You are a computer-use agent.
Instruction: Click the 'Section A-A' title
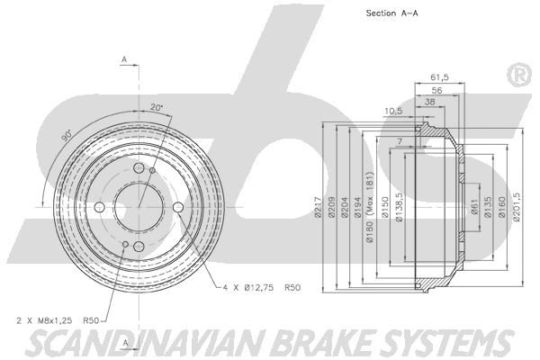coord(391,13)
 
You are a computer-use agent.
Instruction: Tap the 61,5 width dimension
coord(439,77)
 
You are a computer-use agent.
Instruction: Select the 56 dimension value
coord(436,90)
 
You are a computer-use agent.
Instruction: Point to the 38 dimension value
coord(429,102)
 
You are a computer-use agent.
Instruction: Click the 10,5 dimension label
coord(393,111)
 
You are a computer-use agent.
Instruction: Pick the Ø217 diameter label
coord(318,207)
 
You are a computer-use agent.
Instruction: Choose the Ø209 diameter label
coord(331,207)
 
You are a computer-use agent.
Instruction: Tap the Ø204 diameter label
coord(345,207)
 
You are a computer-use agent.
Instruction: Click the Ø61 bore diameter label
coord(474,207)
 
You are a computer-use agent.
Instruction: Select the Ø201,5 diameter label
coord(517,206)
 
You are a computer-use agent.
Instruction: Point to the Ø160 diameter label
coord(502,207)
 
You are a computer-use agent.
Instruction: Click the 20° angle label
coord(157,107)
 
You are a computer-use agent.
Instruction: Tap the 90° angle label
coord(67,135)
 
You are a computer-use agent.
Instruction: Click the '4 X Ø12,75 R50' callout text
coord(262,288)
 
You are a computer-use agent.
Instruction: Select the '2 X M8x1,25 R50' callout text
coord(58,320)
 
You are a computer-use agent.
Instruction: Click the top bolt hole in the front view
coord(139,168)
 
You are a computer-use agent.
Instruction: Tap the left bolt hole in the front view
coord(100,207)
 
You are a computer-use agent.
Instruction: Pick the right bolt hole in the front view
coord(178,207)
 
